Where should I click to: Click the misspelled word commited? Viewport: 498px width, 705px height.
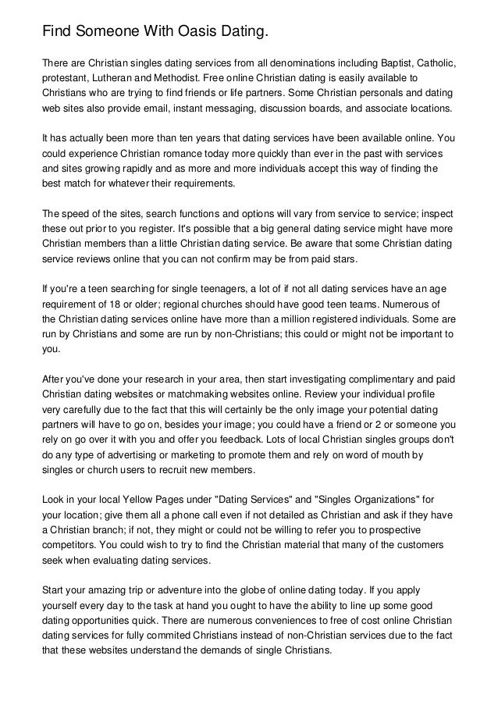(x=182, y=640)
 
